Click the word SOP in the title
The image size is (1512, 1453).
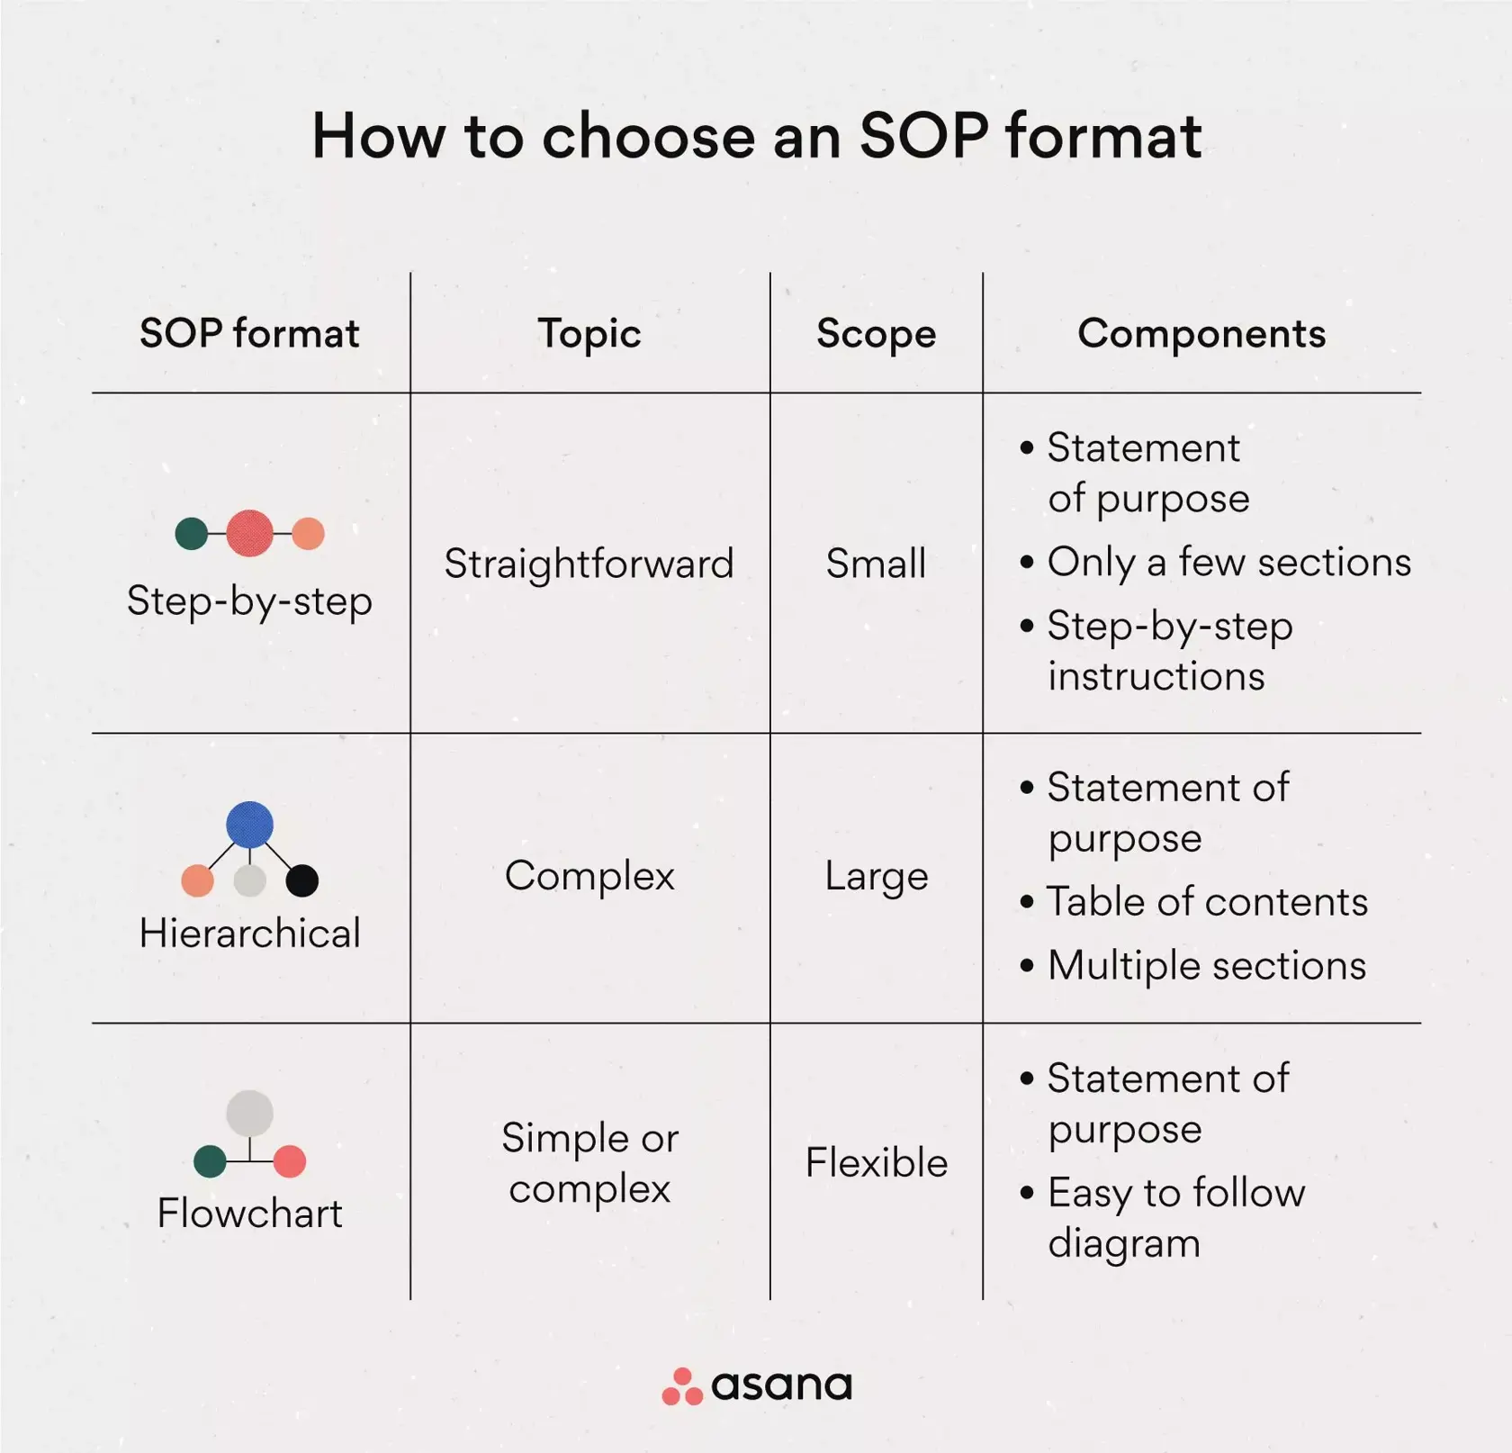[x=923, y=136]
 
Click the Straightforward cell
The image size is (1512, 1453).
[x=589, y=564]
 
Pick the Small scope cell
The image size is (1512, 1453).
[x=876, y=564]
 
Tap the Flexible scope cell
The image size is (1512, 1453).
[x=876, y=1163]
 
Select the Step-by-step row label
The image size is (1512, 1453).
[x=249, y=601]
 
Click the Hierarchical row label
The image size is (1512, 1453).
[x=249, y=934]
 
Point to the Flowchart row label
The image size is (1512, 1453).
[x=249, y=1214]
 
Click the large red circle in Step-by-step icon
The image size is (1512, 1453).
[x=249, y=533]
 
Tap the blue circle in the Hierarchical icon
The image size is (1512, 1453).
[x=249, y=825]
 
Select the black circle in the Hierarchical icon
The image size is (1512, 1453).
[x=301, y=880]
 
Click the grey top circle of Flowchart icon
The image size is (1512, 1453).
[x=249, y=1114]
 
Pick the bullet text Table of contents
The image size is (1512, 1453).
[x=1207, y=902]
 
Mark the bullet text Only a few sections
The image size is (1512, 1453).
[x=1228, y=563]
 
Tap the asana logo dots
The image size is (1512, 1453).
[x=681, y=1387]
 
